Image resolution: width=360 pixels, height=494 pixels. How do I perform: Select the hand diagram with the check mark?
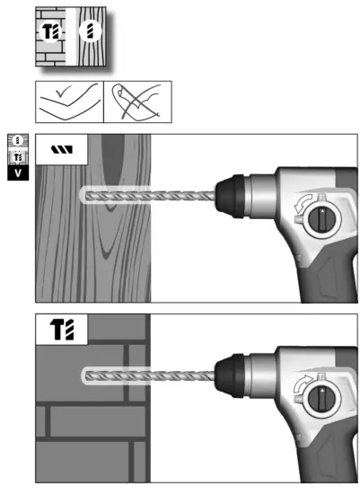(69, 102)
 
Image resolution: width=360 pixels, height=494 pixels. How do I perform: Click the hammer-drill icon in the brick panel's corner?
(59, 329)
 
